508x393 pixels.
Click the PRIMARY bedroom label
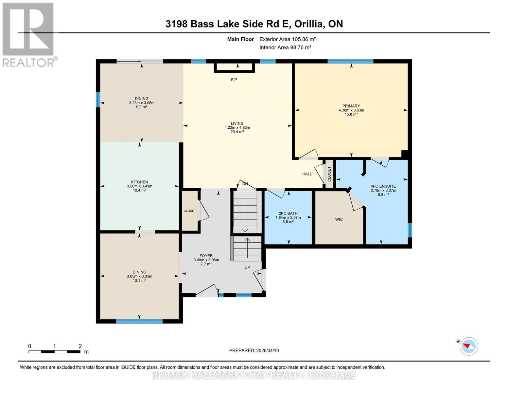351,106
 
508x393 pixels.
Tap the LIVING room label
237,123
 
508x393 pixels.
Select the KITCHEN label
140,182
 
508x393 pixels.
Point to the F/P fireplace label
234,80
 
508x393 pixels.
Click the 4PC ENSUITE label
383,186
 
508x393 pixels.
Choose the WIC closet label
339,219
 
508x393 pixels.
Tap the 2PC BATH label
288,214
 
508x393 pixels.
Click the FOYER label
206,256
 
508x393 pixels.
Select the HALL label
307,174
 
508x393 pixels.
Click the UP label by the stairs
247,267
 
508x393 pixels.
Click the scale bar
54,352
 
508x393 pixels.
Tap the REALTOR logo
28,34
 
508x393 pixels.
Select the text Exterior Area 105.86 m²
288,39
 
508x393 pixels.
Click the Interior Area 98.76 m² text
285,47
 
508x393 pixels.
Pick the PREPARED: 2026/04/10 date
254,350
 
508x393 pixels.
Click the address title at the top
254,24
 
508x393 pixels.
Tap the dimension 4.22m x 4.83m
237,128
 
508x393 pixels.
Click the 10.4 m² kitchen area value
139,190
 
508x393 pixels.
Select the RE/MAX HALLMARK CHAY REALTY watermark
254,375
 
